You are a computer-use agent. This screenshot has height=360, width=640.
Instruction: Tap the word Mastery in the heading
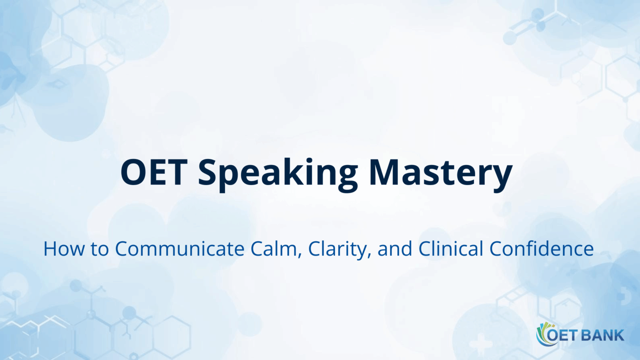440,173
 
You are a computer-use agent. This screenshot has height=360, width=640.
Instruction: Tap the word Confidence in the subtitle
542,249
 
